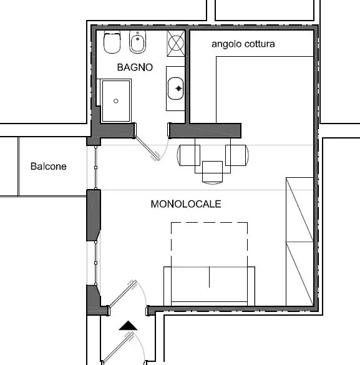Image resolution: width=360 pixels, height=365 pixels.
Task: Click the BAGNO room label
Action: (x=135, y=67)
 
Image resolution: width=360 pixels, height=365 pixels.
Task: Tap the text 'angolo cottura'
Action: (x=243, y=44)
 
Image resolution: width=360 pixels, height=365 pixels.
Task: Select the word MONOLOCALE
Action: (x=186, y=204)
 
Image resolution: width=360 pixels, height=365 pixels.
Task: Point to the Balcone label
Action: (x=49, y=166)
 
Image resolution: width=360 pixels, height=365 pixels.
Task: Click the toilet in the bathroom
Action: (x=112, y=42)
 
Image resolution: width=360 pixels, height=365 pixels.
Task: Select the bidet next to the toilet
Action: (x=137, y=42)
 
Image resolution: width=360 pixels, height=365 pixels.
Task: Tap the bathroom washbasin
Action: (x=175, y=89)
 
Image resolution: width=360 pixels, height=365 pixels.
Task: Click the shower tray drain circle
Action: (x=116, y=101)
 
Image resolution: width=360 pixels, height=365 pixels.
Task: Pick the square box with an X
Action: (x=176, y=43)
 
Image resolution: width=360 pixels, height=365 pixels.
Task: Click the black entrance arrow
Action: (x=128, y=326)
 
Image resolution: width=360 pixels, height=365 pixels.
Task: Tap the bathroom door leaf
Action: (x=147, y=148)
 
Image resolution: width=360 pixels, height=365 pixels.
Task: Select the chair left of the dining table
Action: (x=188, y=155)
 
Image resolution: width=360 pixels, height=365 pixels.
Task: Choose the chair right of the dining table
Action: (x=237, y=155)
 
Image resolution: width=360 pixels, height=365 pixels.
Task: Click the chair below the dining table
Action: (x=213, y=172)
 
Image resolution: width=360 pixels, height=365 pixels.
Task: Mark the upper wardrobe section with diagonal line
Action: (x=299, y=210)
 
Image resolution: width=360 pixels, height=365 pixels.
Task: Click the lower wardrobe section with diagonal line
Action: (x=299, y=274)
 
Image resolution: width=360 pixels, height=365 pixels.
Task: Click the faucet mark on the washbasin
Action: (x=178, y=89)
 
